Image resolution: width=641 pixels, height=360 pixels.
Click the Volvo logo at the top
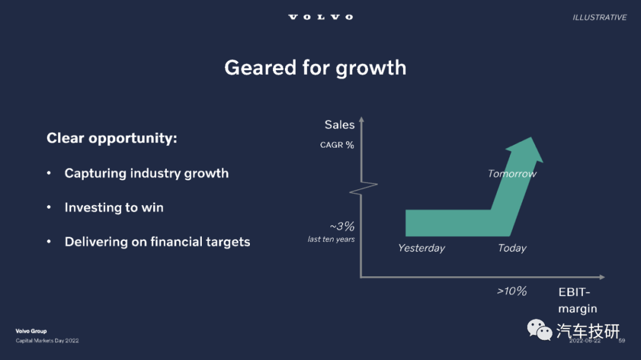click(x=320, y=17)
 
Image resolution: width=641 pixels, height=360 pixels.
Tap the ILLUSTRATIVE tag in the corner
click(x=599, y=18)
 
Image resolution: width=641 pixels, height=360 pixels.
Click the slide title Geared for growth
click(x=315, y=68)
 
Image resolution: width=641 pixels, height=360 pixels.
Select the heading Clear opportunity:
click(x=112, y=138)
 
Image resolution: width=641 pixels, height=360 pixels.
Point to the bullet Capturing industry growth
click(x=147, y=173)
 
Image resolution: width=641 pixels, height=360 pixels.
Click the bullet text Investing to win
click(x=113, y=208)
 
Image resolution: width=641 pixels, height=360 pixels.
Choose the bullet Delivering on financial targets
click(x=157, y=242)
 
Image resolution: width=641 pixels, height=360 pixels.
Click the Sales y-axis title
click(x=339, y=125)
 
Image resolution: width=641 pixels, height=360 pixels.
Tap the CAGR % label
click(x=337, y=145)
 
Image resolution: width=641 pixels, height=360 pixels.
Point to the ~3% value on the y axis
click(x=342, y=226)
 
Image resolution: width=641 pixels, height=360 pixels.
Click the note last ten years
click(x=331, y=240)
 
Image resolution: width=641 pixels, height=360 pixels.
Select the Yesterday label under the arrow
click(x=421, y=248)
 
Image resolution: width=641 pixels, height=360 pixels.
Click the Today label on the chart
click(x=512, y=248)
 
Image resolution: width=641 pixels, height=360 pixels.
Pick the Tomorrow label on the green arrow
click(x=512, y=174)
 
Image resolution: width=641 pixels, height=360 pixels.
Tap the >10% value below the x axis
click(x=512, y=291)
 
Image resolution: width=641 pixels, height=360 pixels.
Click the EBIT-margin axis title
click(x=577, y=300)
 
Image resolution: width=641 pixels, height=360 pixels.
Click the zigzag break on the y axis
click(x=363, y=189)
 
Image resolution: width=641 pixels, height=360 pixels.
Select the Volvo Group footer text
click(x=31, y=331)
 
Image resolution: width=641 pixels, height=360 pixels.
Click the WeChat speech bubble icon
click(x=539, y=330)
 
